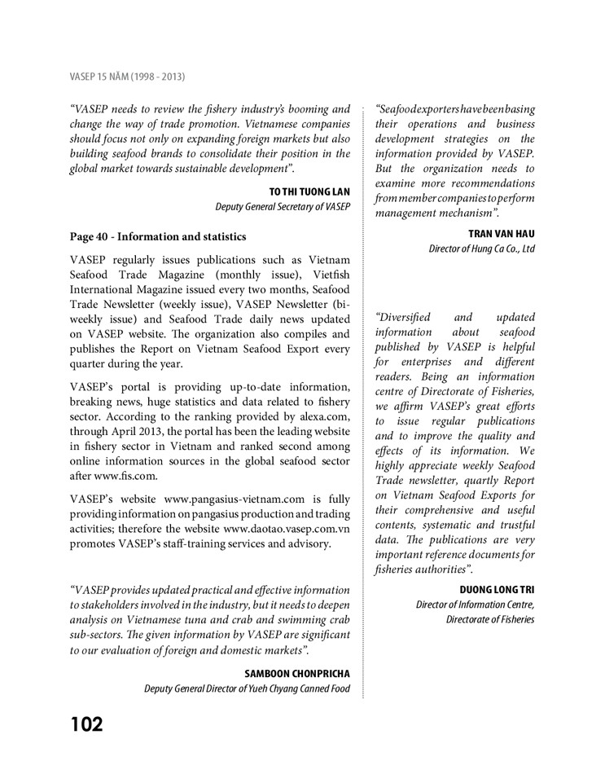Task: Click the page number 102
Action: tap(85, 724)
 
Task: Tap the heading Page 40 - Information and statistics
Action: tap(158, 238)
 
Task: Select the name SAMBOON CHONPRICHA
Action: tap(296, 674)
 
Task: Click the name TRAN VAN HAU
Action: tap(502, 233)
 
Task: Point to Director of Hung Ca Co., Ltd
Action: tap(482, 249)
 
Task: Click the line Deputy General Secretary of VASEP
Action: tap(283, 207)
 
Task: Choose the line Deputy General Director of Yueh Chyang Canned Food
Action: tap(248, 689)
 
